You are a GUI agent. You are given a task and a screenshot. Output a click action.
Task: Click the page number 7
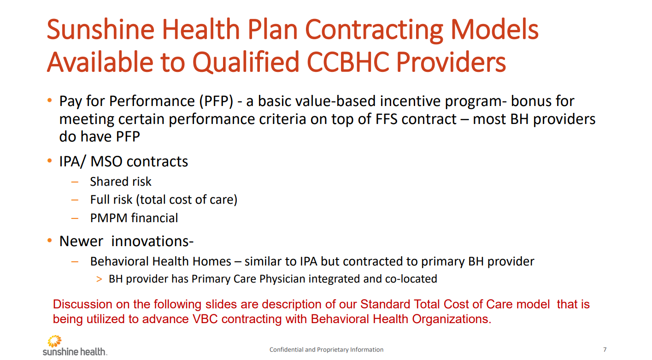[605, 349]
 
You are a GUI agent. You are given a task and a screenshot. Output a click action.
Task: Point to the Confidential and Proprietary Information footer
[326, 349]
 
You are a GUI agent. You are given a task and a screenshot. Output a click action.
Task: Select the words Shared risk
[121, 182]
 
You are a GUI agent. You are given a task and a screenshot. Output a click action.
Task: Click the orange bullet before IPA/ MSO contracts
[50, 161]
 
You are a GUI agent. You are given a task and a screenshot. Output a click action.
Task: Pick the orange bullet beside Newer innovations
[50, 241]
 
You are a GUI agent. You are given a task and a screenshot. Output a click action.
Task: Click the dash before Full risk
[76, 200]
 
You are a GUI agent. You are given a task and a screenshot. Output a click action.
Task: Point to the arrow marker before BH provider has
[99, 279]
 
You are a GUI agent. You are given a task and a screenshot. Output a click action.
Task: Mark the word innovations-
[153, 241]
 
